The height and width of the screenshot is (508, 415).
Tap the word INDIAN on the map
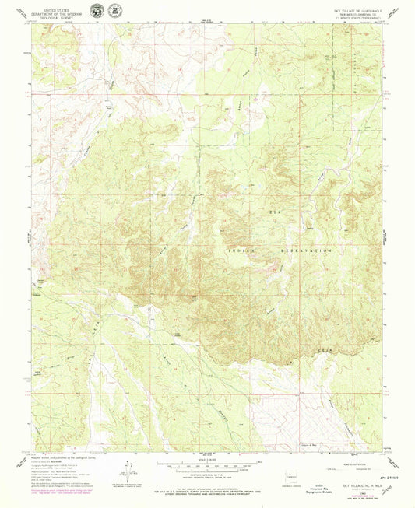pos(244,251)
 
